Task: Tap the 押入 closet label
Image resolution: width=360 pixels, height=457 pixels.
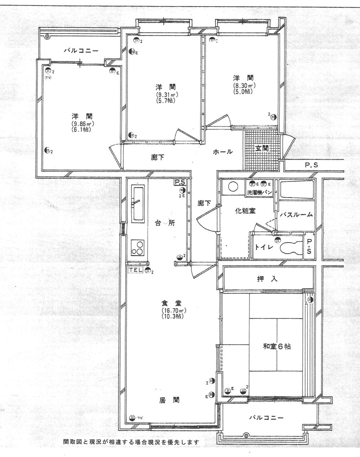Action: tap(267, 278)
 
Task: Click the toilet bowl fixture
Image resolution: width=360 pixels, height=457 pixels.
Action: tap(291, 248)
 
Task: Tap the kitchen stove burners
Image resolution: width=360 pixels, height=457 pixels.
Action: tap(138, 247)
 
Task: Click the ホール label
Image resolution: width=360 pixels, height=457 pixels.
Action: tap(223, 152)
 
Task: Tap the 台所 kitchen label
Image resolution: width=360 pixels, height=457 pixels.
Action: tap(165, 223)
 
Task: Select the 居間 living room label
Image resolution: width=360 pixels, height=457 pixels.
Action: tap(169, 400)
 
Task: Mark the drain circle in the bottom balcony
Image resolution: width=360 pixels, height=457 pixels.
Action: tap(246, 434)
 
